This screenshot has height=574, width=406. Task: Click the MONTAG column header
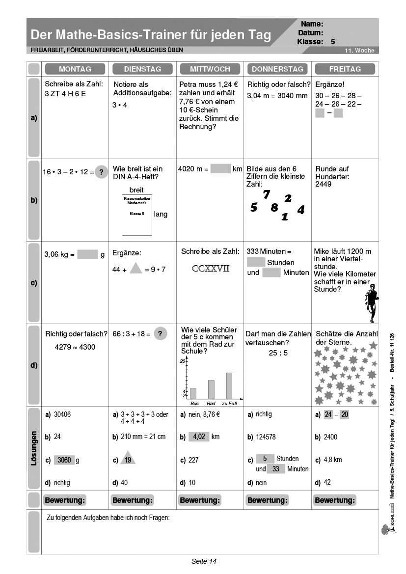point(75,69)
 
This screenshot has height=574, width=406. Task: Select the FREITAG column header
point(345,69)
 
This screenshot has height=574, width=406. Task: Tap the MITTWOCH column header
point(210,69)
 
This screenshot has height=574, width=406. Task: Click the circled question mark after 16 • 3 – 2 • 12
point(101,172)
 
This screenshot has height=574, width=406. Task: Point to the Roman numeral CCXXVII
point(211,269)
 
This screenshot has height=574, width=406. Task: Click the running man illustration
point(370,302)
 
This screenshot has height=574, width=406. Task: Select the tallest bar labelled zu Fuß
point(229,385)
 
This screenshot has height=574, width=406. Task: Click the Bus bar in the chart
point(193,393)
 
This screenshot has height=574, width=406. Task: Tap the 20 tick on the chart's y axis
point(182,361)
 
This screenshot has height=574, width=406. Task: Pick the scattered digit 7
point(267,194)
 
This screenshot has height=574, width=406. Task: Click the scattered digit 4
point(301,210)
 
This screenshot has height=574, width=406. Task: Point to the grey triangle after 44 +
point(135,268)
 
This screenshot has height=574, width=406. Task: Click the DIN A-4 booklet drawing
point(136,215)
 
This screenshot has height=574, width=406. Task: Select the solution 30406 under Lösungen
point(62,414)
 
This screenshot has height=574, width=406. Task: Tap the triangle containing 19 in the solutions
point(128,459)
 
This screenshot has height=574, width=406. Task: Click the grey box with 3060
point(64,460)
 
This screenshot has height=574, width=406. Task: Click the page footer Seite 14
point(204,561)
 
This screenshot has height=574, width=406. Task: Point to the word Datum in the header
point(310,32)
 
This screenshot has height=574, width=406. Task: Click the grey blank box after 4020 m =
point(220,169)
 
